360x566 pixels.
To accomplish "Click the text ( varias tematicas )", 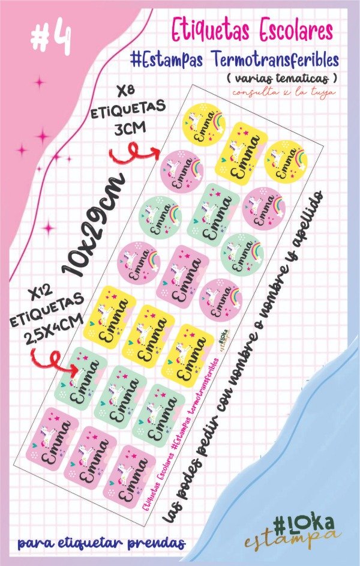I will [x=281, y=79].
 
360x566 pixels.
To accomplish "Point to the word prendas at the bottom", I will [x=155, y=544].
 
